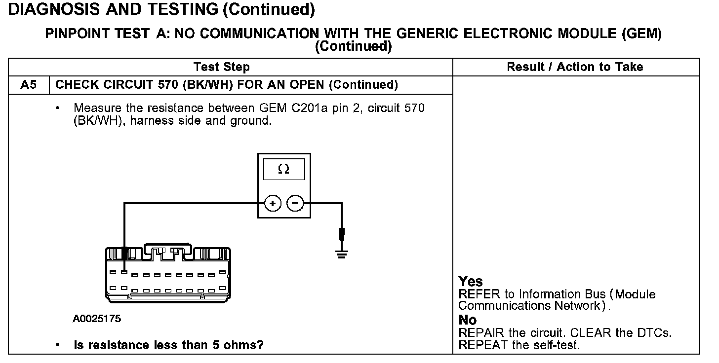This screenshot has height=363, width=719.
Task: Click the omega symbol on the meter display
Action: coord(283,169)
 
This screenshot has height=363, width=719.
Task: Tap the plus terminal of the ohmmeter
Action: coord(273,203)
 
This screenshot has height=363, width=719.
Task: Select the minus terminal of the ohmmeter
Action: coord(295,203)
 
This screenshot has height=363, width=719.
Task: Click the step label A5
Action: coord(29,85)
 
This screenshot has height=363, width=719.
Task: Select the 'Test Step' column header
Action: coord(222,67)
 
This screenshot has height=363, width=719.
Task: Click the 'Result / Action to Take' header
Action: coord(575,67)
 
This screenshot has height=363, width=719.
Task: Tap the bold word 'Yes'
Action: coord(471,282)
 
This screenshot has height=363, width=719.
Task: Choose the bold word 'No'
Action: coord(468,321)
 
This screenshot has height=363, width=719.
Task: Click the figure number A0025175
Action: coord(97,319)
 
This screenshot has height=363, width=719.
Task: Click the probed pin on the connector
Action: coord(125,272)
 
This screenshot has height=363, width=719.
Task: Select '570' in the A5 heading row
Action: coord(169,85)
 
